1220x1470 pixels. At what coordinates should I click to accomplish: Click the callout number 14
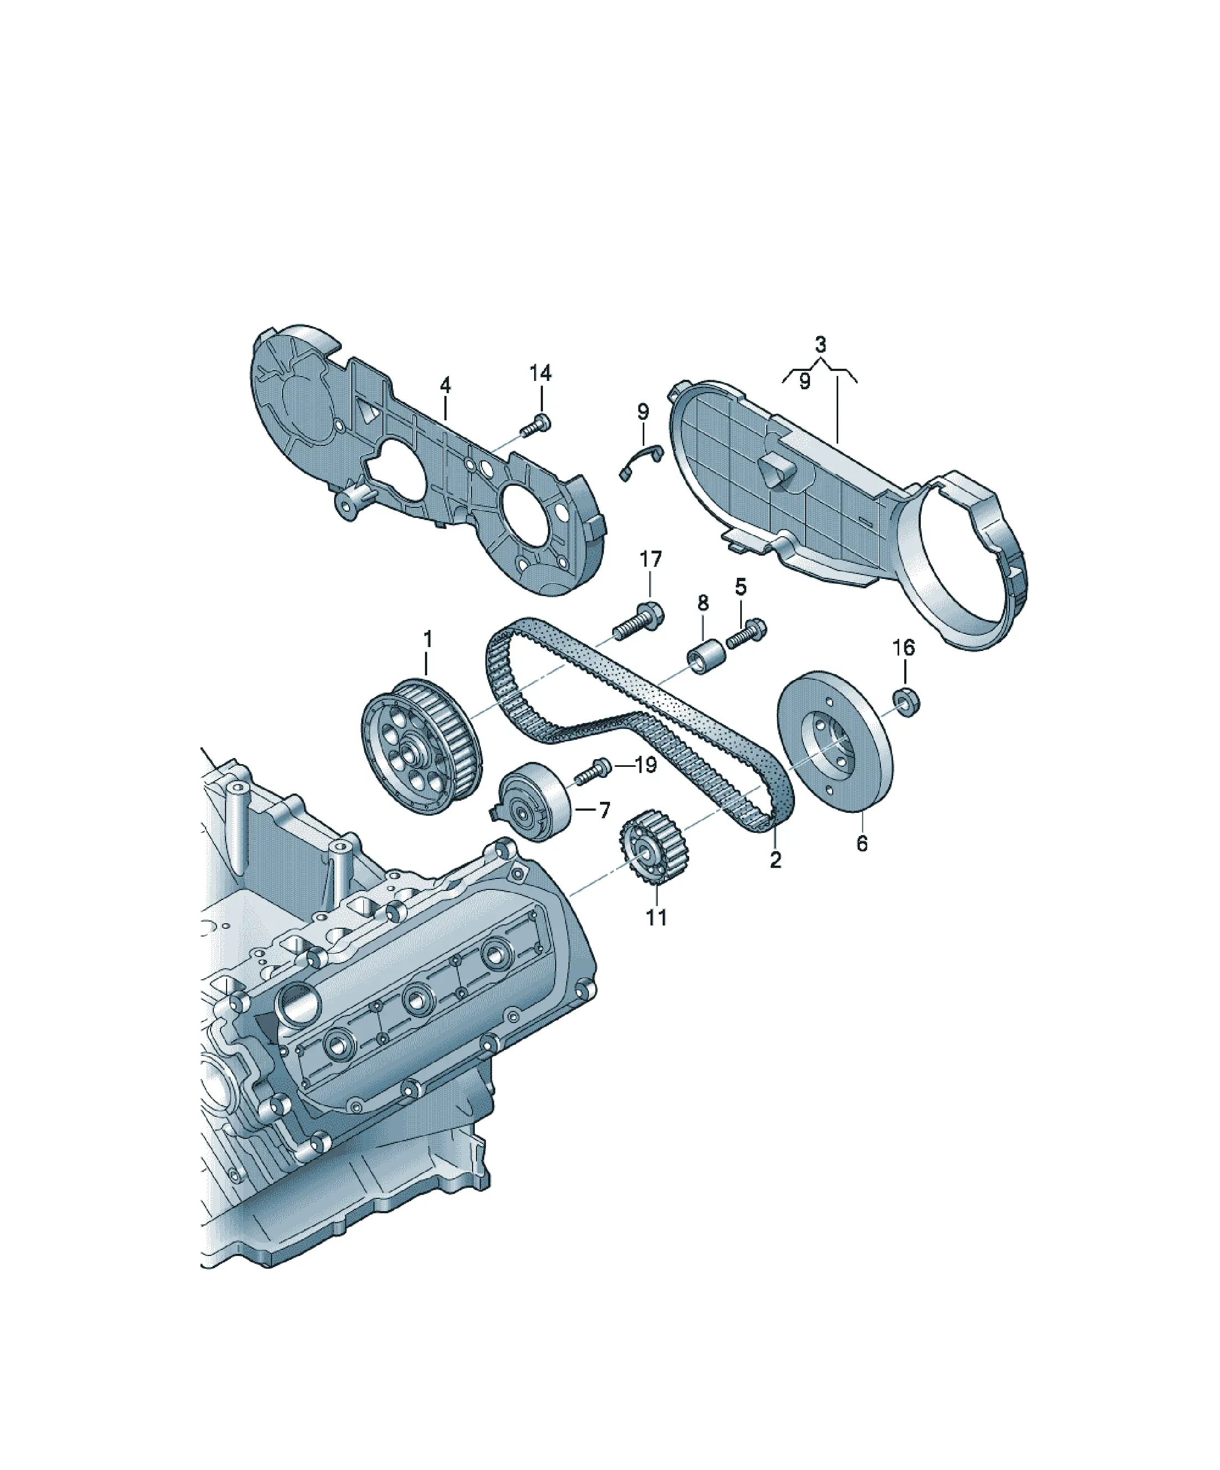[x=540, y=373]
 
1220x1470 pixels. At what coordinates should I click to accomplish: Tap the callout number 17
[x=650, y=559]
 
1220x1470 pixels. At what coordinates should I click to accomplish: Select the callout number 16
[x=904, y=648]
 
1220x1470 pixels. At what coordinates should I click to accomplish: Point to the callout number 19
[x=645, y=765]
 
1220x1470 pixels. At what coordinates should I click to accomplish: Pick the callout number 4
[x=445, y=384]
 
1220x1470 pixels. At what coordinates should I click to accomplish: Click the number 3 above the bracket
[x=821, y=344]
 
